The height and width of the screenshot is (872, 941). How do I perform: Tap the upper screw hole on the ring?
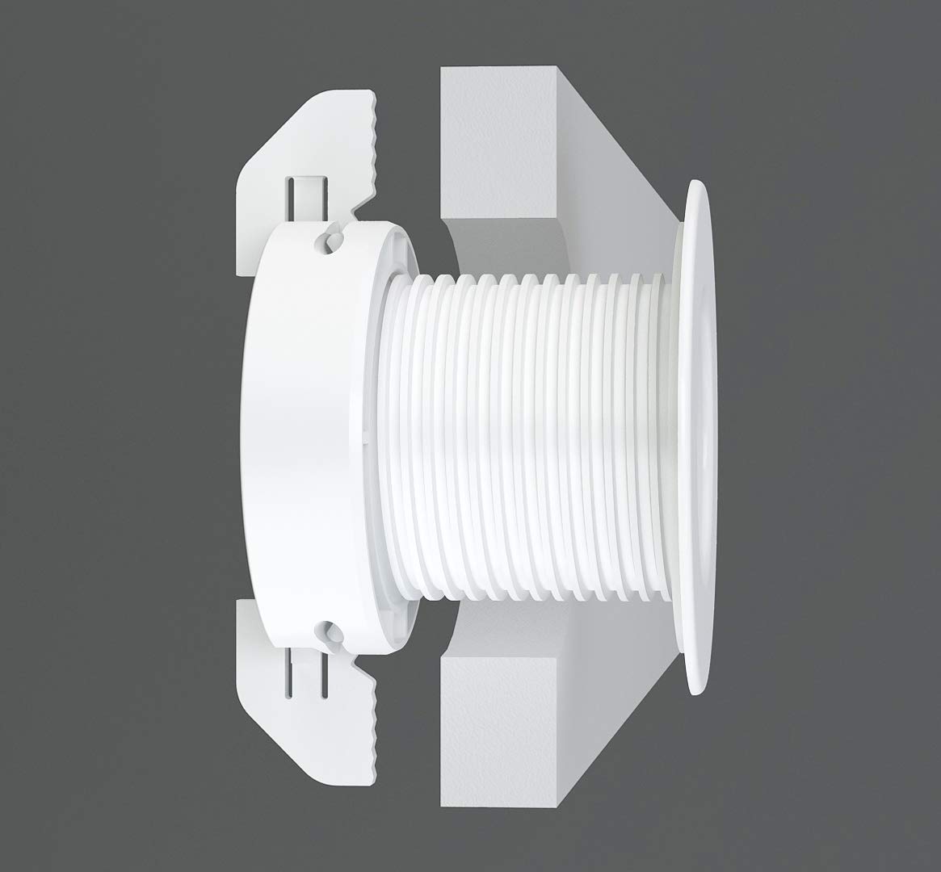coord(331,240)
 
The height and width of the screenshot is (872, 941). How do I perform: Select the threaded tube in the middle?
coord(525,436)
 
